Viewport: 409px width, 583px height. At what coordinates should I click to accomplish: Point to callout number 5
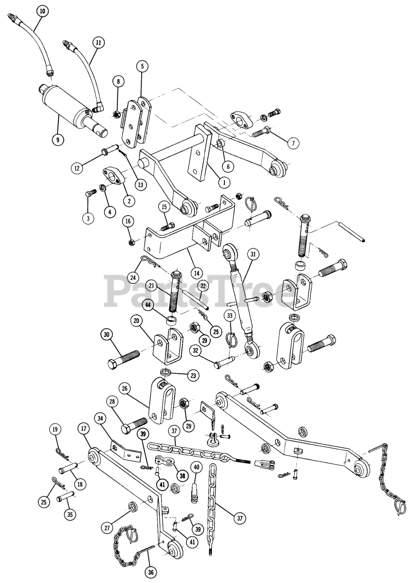(142, 66)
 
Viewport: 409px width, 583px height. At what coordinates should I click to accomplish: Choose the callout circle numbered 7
(293, 143)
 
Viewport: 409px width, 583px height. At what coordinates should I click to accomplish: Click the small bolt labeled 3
(89, 194)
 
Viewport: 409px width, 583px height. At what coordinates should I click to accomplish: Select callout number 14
(197, 273)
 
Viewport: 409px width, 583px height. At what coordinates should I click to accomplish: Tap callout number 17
(83, 429)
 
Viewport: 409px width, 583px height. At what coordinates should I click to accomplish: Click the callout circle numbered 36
(150, 570)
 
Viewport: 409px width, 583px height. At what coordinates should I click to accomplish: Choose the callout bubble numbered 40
(196, 468)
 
